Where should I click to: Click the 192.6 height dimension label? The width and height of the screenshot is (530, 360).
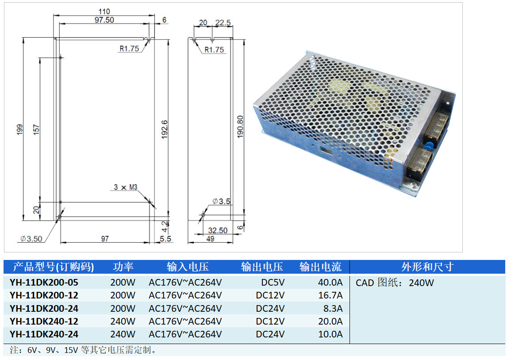point(164,129)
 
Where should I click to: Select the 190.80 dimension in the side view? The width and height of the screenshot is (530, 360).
point(240,127)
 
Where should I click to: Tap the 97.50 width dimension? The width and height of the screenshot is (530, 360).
point(104,20)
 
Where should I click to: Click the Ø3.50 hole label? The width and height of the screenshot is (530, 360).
point(31,239)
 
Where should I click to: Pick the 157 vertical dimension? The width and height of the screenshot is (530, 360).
point(37,129)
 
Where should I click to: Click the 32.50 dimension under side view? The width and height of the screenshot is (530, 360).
point(218,230)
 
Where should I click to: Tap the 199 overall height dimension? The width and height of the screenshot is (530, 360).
point(19,129)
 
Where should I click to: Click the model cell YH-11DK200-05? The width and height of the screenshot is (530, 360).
point(44,282)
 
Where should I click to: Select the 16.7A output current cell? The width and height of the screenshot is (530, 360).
point(330,295)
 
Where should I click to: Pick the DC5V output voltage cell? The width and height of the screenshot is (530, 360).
point(273,282)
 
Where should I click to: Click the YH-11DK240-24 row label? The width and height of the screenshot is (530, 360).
point(44,334)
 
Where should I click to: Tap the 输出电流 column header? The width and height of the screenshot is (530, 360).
point(320,267)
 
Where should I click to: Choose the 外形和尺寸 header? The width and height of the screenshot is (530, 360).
point(427,267)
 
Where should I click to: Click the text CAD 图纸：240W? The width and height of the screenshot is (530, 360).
point(395,283)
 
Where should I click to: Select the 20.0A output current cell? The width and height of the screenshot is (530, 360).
point(330,321)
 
